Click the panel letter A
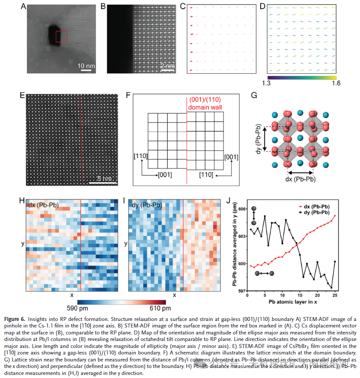point(23,7)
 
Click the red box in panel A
point(61,37)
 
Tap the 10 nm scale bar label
point(86,66)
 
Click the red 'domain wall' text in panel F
point(204,108)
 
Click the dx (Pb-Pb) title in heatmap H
point(44,205)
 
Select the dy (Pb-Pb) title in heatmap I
point(146,205)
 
